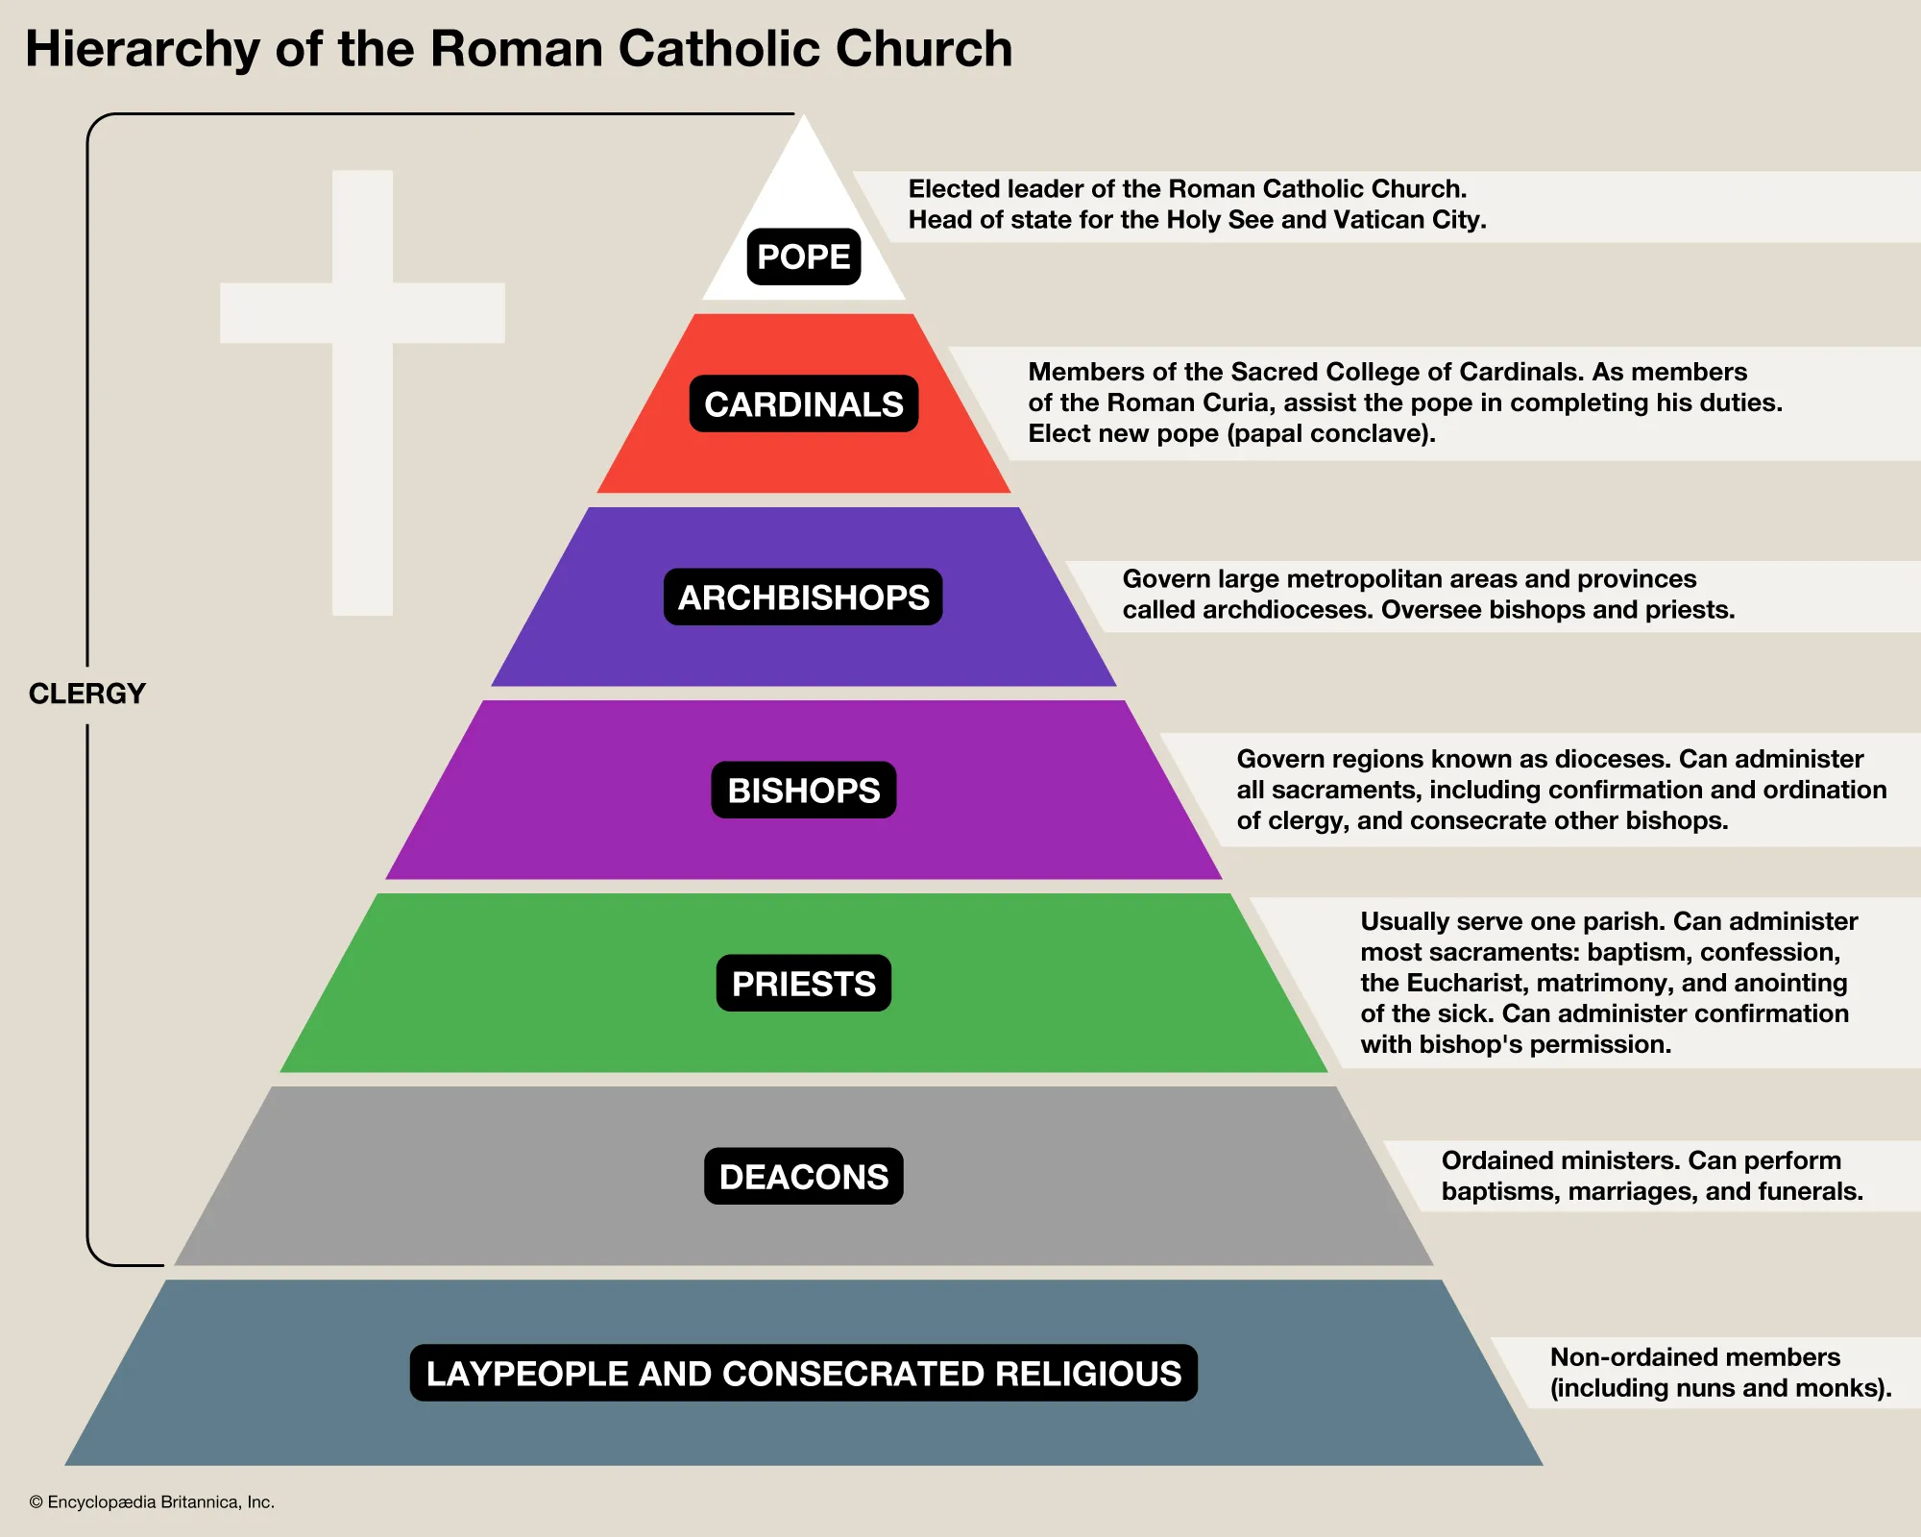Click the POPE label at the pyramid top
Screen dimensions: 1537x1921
803,257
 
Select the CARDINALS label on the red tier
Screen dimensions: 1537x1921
803,404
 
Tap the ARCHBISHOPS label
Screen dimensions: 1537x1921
803,598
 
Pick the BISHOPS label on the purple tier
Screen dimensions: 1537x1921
803,791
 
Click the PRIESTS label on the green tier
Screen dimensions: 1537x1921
803,984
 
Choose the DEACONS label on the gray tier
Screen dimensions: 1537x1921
803,1177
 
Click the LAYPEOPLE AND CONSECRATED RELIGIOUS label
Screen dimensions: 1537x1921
803,1374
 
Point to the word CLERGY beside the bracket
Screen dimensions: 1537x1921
86,694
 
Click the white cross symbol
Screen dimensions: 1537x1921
362,312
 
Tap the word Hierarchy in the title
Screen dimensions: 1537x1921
142,50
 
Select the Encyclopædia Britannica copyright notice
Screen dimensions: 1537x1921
152,1502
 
